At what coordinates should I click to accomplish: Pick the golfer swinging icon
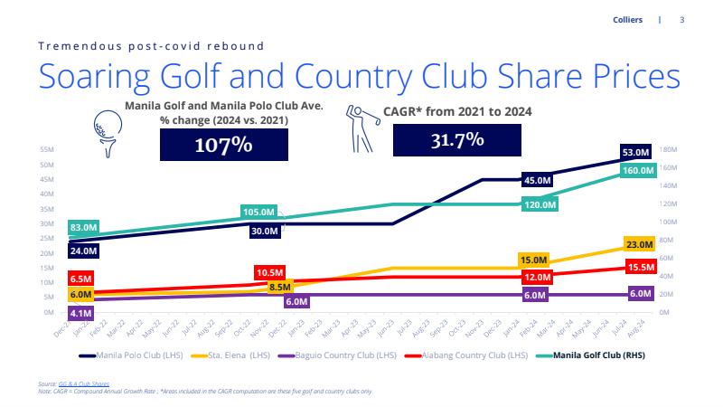(x=361, y=129)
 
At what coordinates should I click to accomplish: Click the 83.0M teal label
(x=83, y=227)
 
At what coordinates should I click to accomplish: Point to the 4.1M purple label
(x=80, y=313)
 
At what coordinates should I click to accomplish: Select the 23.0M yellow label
(x=638, y=245)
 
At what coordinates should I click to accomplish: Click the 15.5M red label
(x=638, y=268)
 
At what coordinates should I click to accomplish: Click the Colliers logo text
(x=627, y=20)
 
